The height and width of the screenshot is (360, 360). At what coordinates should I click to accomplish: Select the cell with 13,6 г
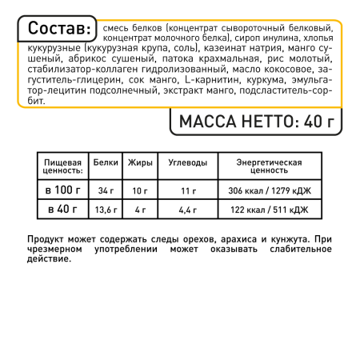tap(106, 210)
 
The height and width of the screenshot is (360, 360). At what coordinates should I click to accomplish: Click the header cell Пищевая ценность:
tap(62, 166)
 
